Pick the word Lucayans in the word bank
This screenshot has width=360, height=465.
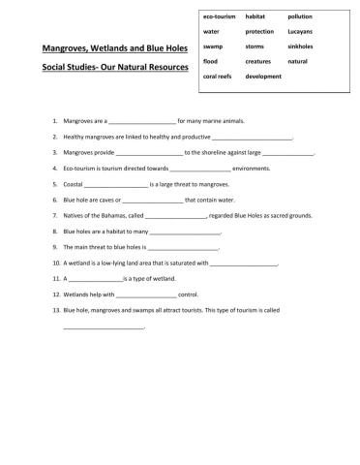coord(300,32)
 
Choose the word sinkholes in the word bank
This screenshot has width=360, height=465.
coord(301,46)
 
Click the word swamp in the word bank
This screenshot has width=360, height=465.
coord(213,46)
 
